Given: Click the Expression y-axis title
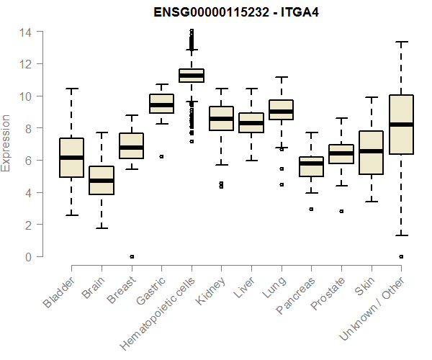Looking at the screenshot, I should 6,143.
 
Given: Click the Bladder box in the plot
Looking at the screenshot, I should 71,158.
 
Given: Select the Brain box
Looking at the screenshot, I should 102,180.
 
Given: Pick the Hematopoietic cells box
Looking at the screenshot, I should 191,76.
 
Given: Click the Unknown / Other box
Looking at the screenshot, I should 401,125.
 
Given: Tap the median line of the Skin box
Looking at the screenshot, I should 372,151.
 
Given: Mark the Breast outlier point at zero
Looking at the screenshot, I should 131,256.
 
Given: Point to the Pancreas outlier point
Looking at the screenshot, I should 311,209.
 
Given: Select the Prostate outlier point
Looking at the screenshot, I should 341,211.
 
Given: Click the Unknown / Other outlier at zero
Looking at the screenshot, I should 401,256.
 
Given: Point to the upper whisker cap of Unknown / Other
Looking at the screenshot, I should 401,42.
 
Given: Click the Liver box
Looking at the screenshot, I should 251,123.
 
